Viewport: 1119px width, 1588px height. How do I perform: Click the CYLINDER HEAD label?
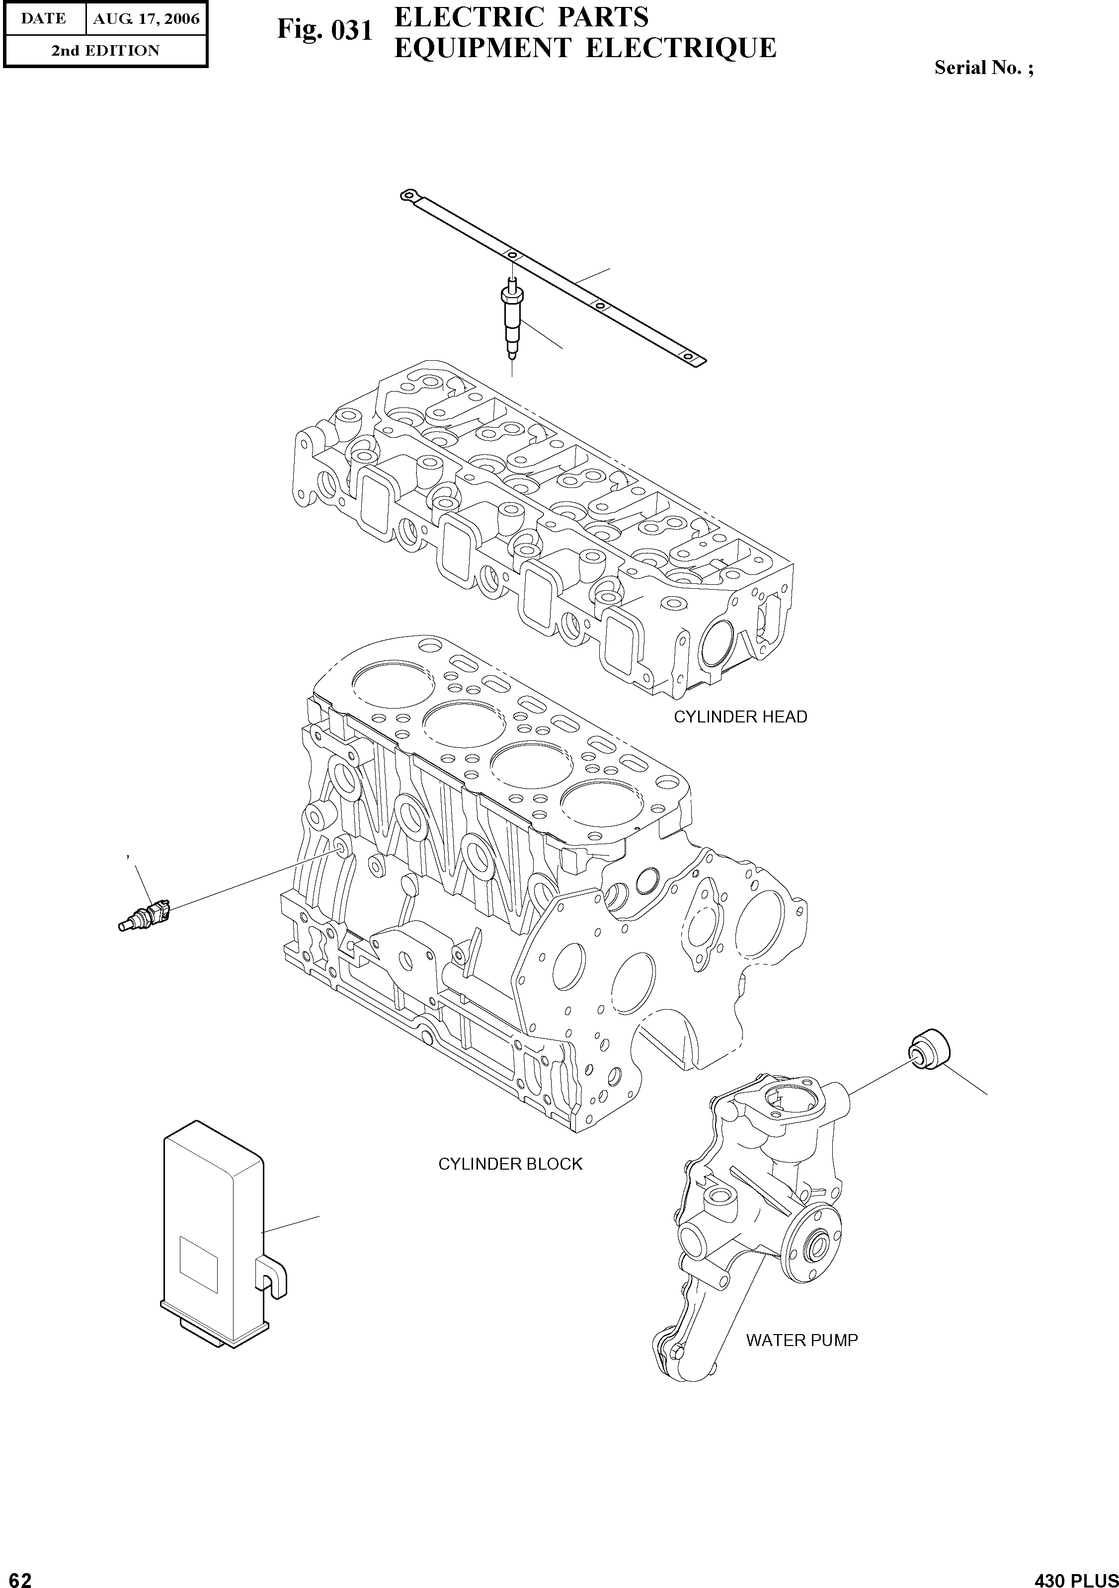tap(740, 717)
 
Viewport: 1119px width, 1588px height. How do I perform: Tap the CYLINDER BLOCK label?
tap(510, 1164)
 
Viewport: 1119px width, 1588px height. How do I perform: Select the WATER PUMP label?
tap(801, 1341)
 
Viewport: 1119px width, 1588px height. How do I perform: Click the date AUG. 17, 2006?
tap(146, 19)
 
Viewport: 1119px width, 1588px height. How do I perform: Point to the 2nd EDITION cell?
tap(105, 51)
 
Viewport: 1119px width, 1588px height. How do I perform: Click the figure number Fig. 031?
tap(325, 30)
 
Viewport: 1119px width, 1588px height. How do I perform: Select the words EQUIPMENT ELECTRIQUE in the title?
tap(585, 48)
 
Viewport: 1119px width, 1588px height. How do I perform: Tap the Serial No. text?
tap(983, 68)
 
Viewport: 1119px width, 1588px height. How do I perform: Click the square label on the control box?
tap(198, 1266)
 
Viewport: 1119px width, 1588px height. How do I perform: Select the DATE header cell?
tap(44, 19)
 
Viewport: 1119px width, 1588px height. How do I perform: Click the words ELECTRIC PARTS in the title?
tap(521, 16)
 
